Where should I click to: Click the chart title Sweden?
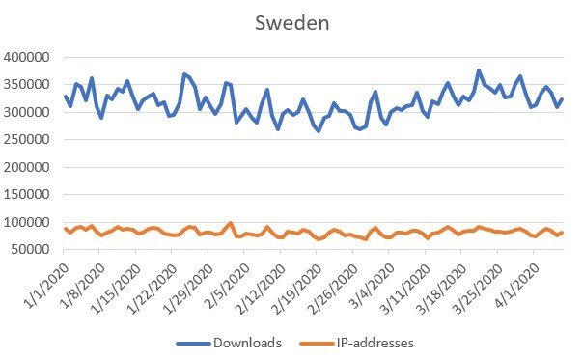(x=291, y=22)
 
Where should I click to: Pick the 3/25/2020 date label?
(x=511, y=283)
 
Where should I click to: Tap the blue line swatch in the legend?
(x=192, y=342)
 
